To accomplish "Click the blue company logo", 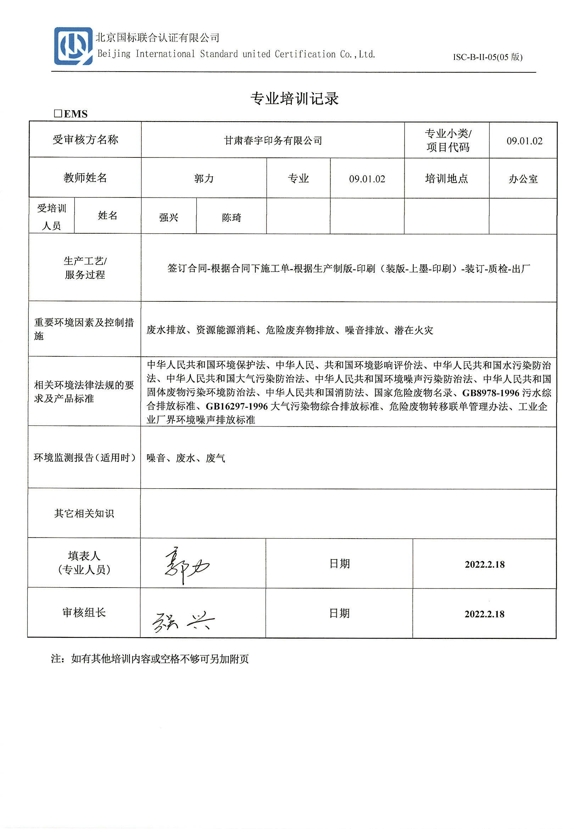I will coord(73,46).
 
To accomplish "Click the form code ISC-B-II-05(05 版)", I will coord(487,57).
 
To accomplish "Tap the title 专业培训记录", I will coord(294,99).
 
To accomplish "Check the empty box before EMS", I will coord(58,114).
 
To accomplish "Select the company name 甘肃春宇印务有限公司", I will coord(273,140).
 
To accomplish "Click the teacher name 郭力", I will coord(204,179).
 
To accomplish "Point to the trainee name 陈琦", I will coord(231,217).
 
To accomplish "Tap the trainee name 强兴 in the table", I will coord(169,217).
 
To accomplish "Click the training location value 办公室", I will coord(523,179).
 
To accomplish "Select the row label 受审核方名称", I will coord(85,140).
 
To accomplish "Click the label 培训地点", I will coord(446,179).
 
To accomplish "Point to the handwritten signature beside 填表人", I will coord(186,565).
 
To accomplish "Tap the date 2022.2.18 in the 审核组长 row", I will coord(484,614).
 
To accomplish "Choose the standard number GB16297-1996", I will coord(237,407).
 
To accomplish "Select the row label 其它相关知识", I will coord(84,513).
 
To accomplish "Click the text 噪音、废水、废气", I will coord(186,458).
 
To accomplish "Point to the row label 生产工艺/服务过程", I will coord(85,268).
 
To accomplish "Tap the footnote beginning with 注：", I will coord(150,659).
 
